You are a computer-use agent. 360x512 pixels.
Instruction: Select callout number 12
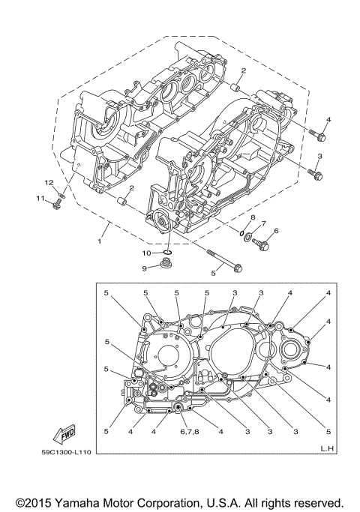(x=47, y=183)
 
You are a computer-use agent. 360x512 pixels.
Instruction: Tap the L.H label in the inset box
(x=326, y=448)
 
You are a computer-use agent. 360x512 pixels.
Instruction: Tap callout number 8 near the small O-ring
(x=252, y=218)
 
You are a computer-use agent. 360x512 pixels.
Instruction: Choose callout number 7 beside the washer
(x=263, y=223)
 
